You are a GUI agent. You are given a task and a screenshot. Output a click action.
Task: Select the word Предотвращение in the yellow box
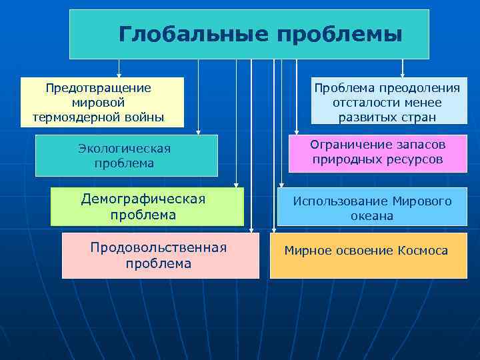(98, 88)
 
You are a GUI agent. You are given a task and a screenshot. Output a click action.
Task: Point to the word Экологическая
(124, 149)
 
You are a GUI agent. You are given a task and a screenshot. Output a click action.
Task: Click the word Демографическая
(143, 199)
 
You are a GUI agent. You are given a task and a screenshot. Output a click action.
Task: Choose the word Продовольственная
(158, 248)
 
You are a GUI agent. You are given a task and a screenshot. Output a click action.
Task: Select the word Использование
(341, 201)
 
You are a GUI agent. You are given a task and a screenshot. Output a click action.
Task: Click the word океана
(372, 216)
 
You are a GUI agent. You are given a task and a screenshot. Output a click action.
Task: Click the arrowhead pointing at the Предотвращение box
(119, 75)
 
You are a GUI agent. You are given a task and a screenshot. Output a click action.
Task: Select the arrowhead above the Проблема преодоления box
(402, 75)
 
